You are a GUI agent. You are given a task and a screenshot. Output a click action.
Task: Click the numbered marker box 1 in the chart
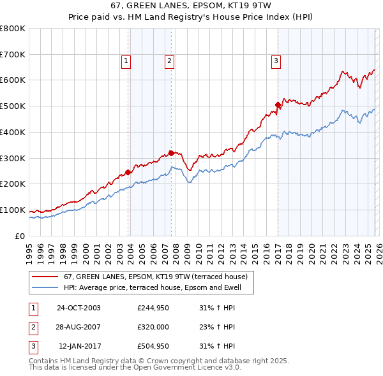(126, 61)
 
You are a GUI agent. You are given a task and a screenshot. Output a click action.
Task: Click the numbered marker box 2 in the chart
(169, 61)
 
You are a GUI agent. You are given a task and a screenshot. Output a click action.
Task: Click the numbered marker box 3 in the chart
(276, 61)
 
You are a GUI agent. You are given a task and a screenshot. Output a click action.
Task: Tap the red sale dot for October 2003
(128, 172)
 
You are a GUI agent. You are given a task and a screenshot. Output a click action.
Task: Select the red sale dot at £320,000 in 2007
(171, 152)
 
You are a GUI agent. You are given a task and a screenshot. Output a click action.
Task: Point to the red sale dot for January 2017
(278, 105)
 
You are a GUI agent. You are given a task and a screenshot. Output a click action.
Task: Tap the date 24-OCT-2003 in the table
(79, 308)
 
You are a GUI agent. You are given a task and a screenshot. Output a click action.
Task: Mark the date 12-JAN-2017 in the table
(79, 347)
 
